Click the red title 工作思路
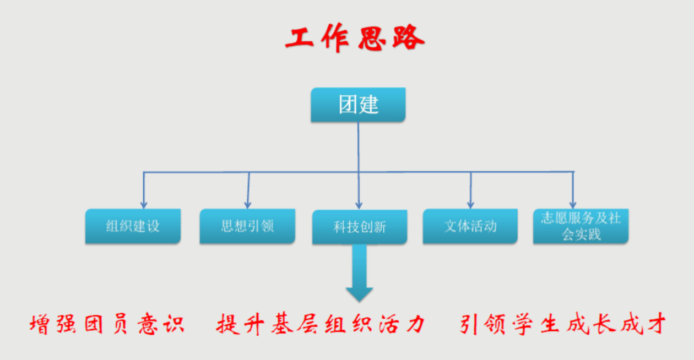tap(355, 39)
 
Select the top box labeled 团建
tap(358, 105)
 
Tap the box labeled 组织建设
tap(133, 226)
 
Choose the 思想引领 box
tap(247, 226)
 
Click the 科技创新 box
tap(360, 227)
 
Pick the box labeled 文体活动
tap(470, 226)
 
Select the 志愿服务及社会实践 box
tap(581, 226)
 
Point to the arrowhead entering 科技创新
tap(359, 205)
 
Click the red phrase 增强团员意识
tap(106, 324)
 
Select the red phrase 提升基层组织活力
tap(321, 324)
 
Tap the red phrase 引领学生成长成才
tap(563, 324)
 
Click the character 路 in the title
tap(408, 39)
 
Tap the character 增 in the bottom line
tap(40, 324)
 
